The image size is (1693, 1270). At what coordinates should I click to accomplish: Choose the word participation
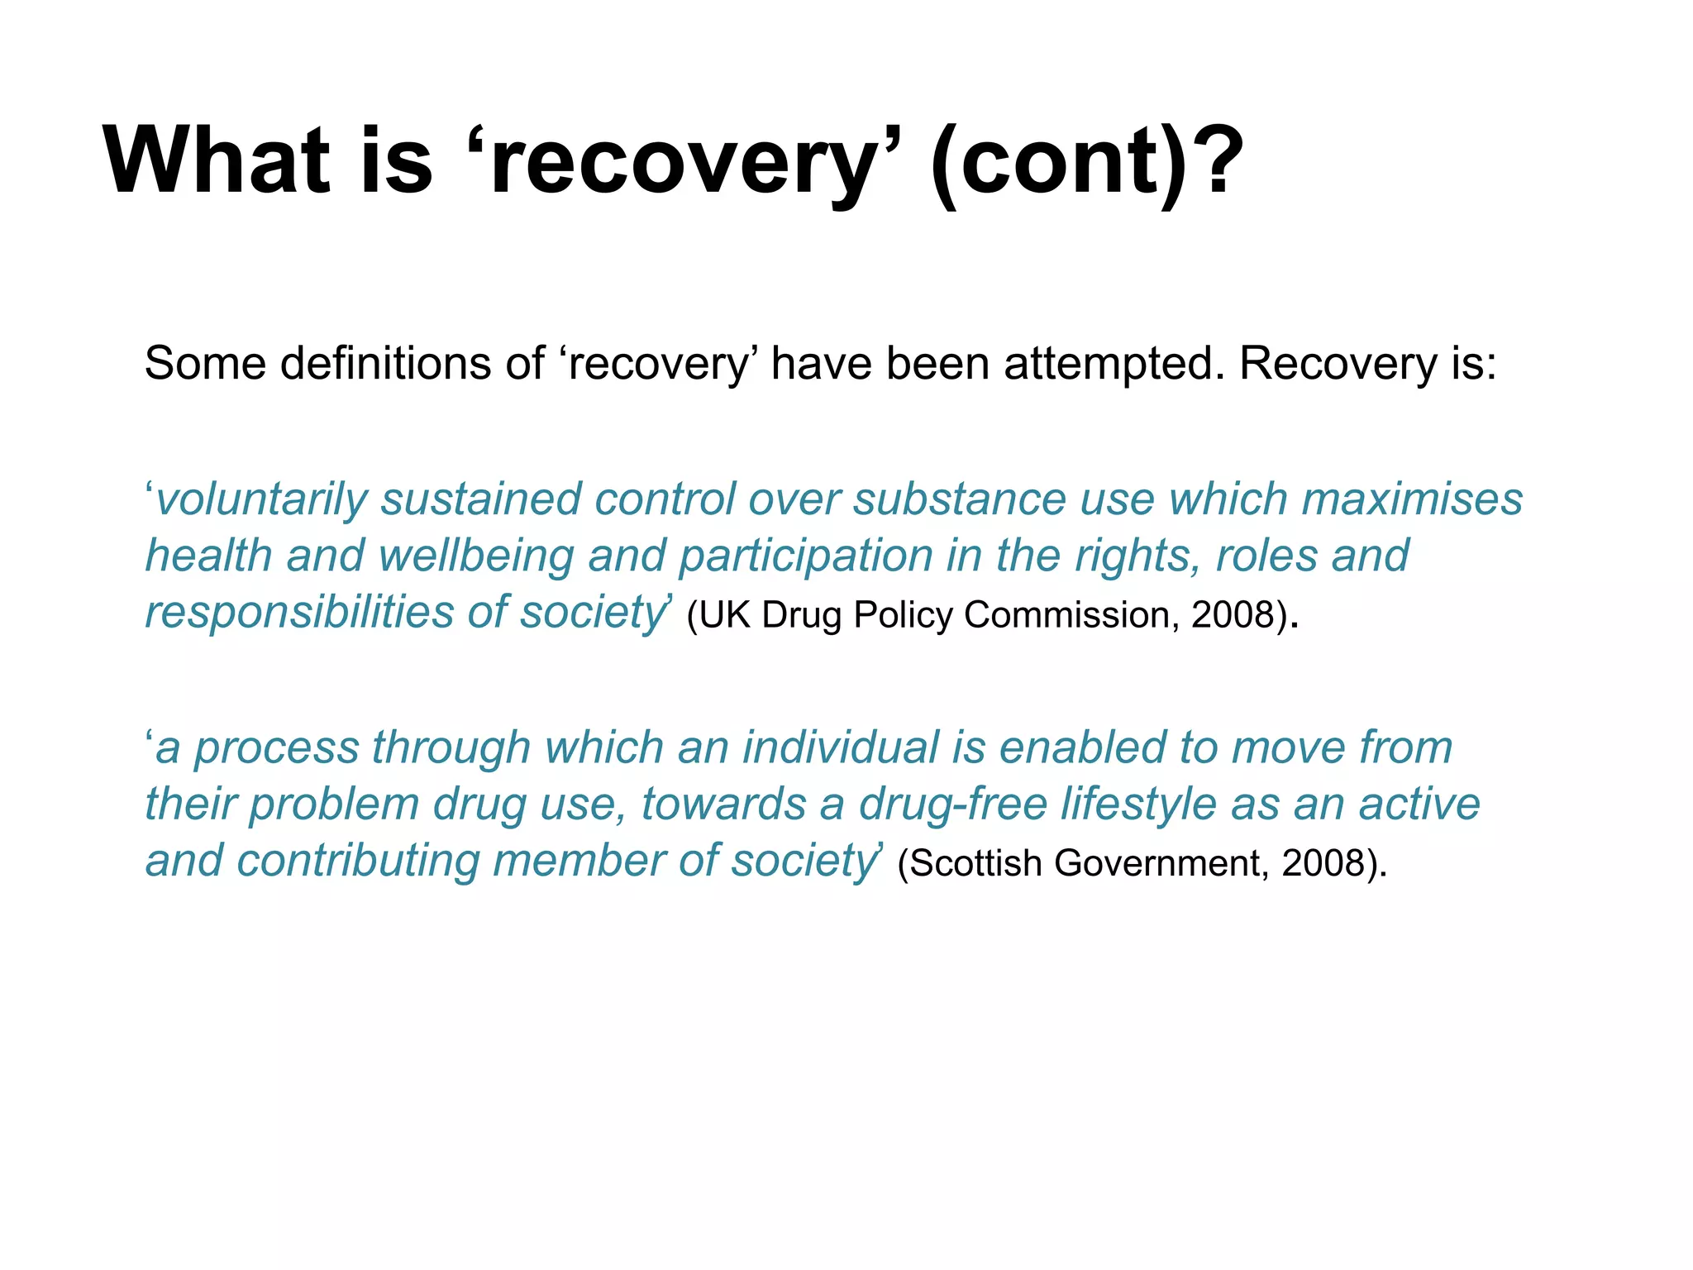pos(805,556)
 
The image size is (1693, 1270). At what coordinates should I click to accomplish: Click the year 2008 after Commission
pos(1232,615)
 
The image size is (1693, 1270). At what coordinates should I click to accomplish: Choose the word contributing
pos(357,861)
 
